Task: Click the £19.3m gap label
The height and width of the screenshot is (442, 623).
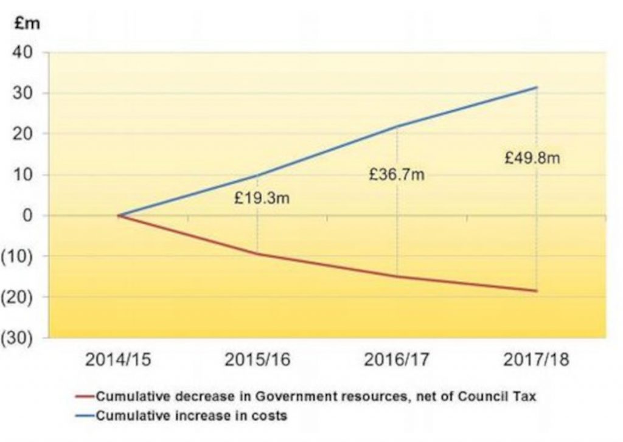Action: click(262, 198)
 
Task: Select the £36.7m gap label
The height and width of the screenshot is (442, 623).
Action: click(397, 175)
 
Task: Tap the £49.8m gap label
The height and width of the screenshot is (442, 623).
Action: click(532, 159)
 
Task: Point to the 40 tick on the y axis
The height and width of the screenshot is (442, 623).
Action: click(30, 53)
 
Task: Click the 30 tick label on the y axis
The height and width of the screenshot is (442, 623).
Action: click(30, 94)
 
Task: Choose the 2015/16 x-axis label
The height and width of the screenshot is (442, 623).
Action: click(257, 360)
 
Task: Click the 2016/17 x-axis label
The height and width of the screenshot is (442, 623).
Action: click(397, 360)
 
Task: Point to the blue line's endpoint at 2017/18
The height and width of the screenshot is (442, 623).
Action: click(537, 88)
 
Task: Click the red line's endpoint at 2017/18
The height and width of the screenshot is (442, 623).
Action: click(537, 291)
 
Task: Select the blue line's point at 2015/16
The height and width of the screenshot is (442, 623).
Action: click(257, 176)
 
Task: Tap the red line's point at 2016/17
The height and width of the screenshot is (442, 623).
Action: click(397, 277)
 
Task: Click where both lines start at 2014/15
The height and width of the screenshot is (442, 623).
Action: click(119, 215)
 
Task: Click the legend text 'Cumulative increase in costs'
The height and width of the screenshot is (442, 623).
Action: click(191, 416)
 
